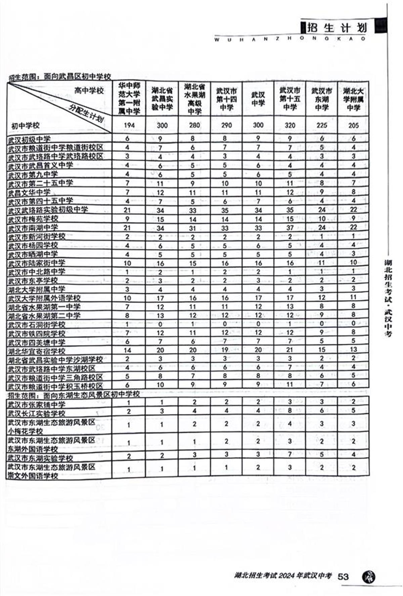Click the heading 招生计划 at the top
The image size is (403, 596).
click(x=336, y=28)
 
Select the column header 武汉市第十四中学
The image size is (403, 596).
click(x=226, y=99)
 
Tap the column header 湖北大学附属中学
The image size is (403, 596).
click(x=353, y=99)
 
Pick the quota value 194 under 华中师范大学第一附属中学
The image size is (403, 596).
click(x=129, y=126)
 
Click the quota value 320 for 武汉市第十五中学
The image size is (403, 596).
click(x=290, y=126)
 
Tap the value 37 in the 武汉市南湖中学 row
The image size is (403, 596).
click(x=290, y=228)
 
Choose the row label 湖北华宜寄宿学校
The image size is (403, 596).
click(x=37, y=351)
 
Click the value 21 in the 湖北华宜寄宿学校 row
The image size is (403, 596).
click(x=290, y=350)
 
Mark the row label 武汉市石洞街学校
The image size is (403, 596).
click(x=37, y=325)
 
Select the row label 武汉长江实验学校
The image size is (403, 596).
click(x=37, y=413)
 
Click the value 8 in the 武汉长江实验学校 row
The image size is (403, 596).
click(x=290, y=410)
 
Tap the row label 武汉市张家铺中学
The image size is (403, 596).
click(x=37, y=404)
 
